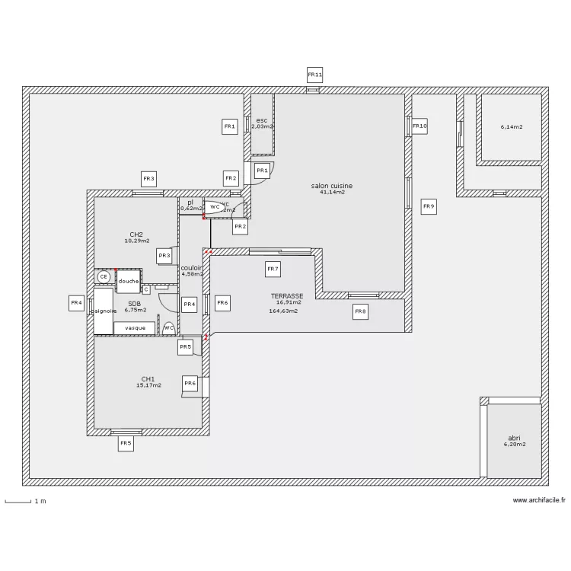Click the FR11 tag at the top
point(314,75)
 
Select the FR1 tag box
point(230,126)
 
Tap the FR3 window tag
point(148,179)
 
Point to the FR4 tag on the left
point(76,303)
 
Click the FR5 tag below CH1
point(126,442)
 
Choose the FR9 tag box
point(429,206)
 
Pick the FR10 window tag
point(419,126)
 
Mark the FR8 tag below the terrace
point(360,311)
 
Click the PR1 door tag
point(262,171)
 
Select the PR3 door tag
point(164,257)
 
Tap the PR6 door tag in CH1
point(190,383)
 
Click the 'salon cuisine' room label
point(332,186)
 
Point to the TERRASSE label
point(287,295)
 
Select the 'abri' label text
point(515,438)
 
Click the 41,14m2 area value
point(333,193)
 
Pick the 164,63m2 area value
point(283,311)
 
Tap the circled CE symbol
point(104,277)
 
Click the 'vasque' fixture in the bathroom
point(135,327)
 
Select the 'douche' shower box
point(128,281)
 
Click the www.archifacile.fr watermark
point(539,500)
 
